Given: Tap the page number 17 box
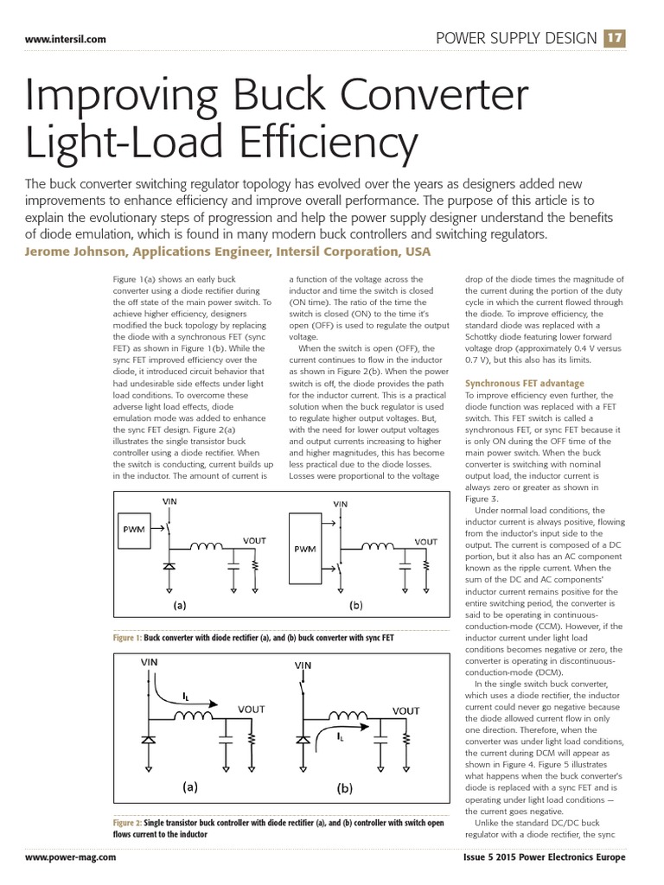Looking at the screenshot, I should click(615, 38).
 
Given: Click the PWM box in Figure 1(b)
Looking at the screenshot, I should click(305, 549).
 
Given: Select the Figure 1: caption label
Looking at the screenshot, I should click(126, 638).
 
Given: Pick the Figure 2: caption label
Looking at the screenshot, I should click(127, 823).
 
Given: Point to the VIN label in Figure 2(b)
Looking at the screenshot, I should click(303, 666).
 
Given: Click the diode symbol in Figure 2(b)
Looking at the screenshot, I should click(303, 741).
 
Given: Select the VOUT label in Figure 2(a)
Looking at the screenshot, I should click(253, 708).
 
